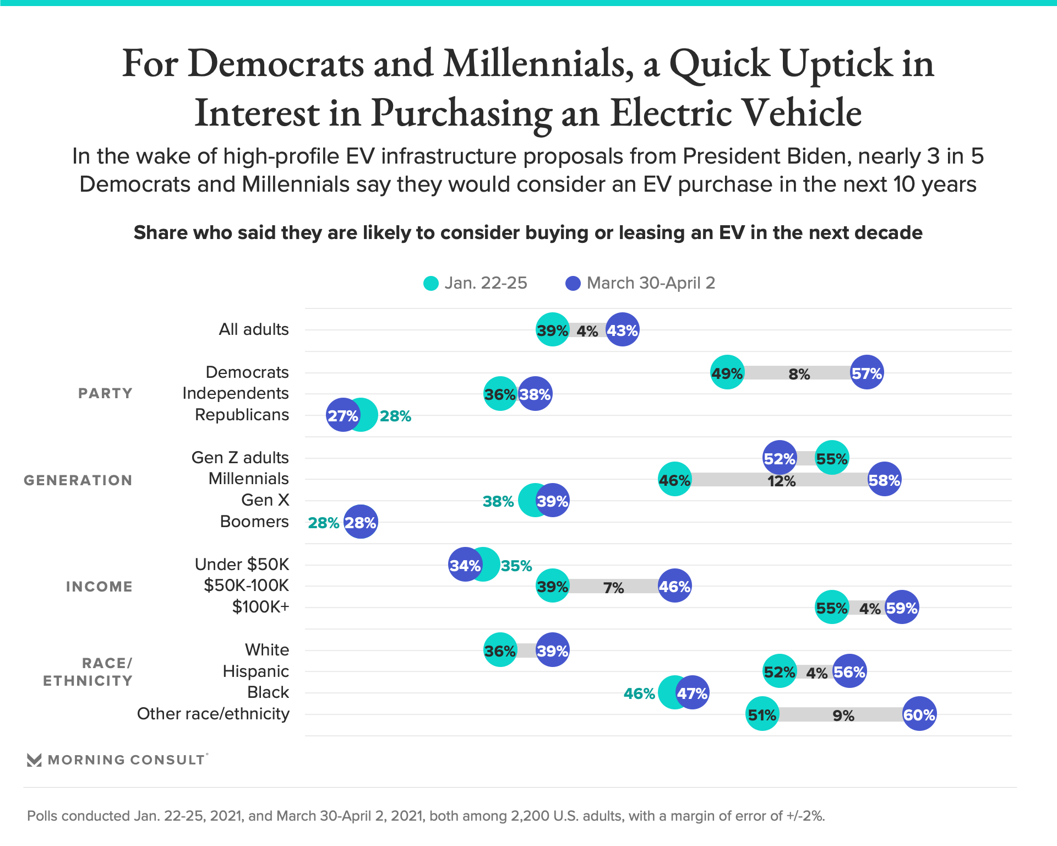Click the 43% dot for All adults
click(x=622, y=330)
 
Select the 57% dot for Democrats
click(x=867, y=373)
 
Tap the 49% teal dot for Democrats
click(x=727, y=373)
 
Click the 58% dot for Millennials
click(x=884, y=480)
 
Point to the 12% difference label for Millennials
click(x=781, y=481)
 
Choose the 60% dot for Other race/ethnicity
click(x=919, y=714)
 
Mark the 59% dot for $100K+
click(x=901, y=608)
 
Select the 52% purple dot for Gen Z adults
click(x=779, y=458)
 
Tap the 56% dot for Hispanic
click(x=849, y=671)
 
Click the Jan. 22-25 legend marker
click(x=431, y=283)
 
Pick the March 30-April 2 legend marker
click(x=573, y=283)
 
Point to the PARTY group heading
click(x=105, y=393)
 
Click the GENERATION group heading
click(x=78, y=480)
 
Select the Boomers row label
click(x=254, y=522)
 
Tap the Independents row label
click(x=235, y=393)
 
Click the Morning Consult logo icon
click(x=34, y=760)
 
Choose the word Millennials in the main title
click(x=537, y=63)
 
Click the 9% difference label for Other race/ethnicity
click(x=843, y=715)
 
